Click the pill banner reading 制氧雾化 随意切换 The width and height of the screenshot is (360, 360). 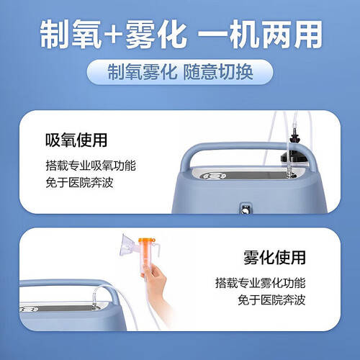179,71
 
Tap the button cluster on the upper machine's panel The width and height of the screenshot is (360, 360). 214,176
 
